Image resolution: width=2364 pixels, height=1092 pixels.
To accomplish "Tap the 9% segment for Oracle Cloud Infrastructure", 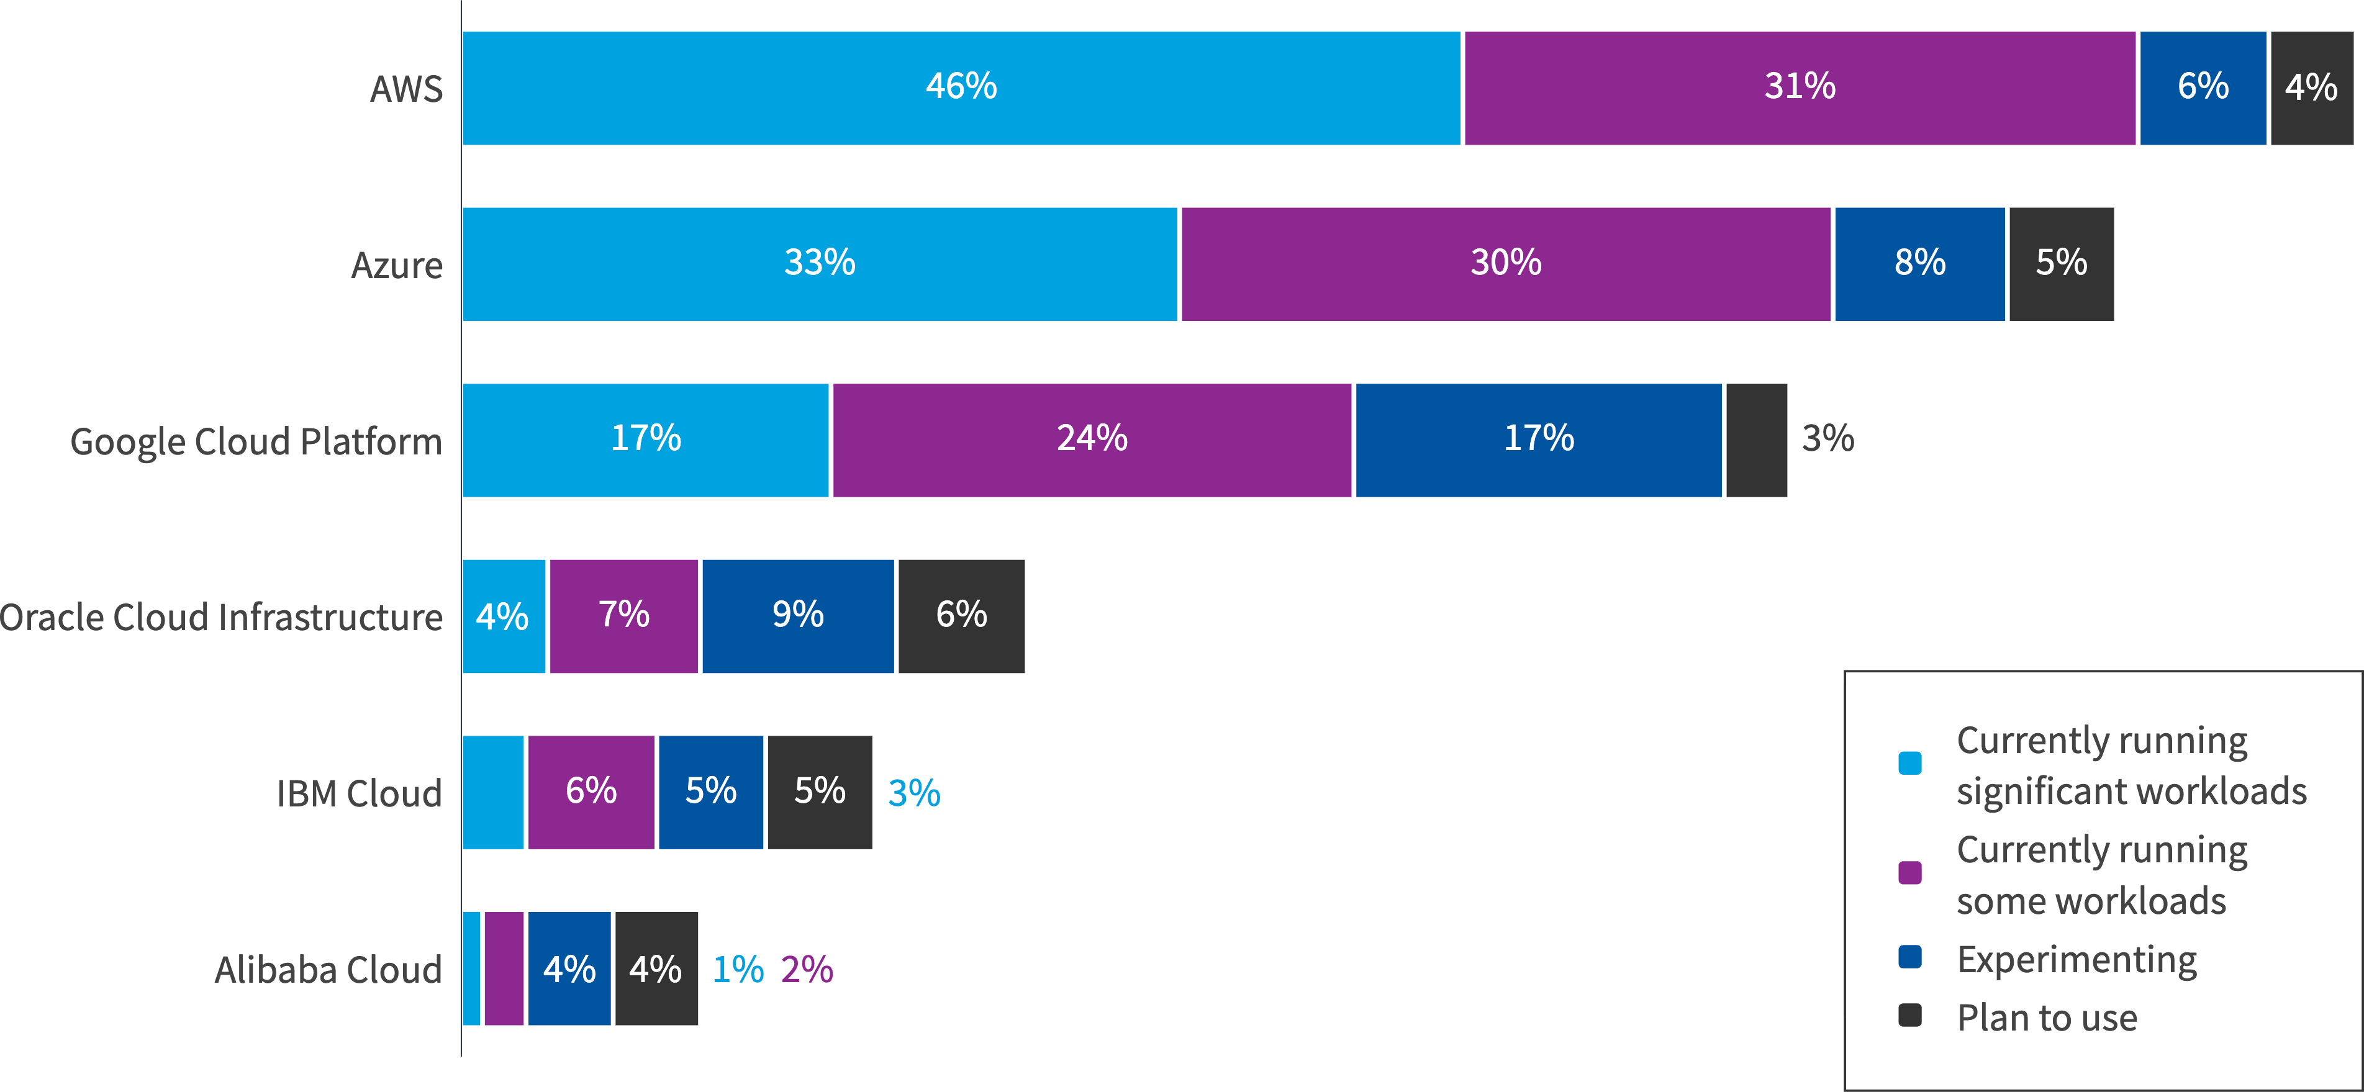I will [797, 616].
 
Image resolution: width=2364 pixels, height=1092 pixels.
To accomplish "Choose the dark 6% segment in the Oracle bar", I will [961, 616].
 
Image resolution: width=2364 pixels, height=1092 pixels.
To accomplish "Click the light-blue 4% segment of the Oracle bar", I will [503, 616].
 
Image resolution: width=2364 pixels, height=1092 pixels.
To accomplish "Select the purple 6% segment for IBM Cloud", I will [591, 792].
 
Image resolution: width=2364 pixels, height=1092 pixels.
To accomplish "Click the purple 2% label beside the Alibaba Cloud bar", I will [807, 970].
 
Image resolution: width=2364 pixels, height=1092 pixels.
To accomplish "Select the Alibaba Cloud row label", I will [328, 970].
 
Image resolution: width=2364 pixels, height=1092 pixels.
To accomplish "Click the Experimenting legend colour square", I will [1909, 957].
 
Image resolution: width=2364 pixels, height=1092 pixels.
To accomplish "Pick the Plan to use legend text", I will [2047, 1018].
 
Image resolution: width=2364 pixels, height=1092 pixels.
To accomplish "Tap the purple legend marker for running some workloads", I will [1909, 873].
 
